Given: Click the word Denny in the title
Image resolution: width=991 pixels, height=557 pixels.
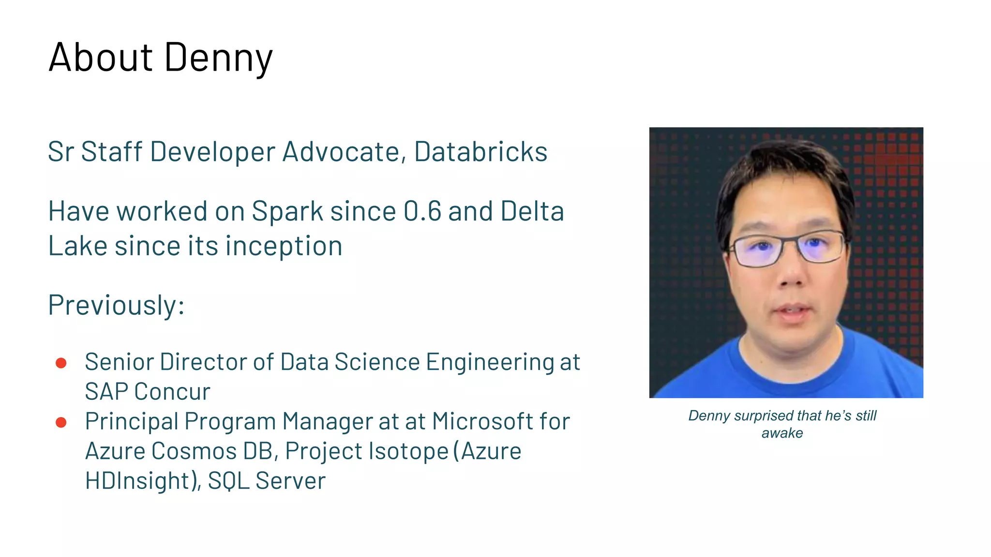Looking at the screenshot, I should pos(218,58).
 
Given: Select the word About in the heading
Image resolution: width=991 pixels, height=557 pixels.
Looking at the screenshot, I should pos(101,57).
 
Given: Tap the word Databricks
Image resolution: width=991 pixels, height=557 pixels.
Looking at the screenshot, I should pos(480,152).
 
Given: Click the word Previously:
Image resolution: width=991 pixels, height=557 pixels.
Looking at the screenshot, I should pos(116,306).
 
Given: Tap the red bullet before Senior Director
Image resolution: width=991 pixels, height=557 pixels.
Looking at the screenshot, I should pos(61,363).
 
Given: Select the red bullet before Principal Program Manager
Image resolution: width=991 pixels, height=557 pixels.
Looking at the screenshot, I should pos(61,423).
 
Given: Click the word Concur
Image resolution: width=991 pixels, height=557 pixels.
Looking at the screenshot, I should pos(172,392).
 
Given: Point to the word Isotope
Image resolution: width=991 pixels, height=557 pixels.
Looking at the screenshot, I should pos(408,452).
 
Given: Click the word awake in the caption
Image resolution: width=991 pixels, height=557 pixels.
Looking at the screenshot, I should pos(782,433).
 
